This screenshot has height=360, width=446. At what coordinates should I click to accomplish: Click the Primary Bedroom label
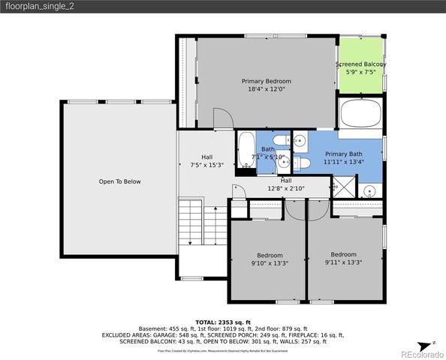266,81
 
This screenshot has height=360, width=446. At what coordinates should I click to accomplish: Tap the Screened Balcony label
360,64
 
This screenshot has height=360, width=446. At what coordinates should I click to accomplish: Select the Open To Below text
119,181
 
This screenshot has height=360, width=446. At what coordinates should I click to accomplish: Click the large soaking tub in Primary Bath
360,115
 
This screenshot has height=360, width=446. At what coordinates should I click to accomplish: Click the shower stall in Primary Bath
343,187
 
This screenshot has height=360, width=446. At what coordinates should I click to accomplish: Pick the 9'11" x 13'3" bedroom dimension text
343,262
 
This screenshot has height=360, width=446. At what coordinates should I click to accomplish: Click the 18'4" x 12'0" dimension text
266,89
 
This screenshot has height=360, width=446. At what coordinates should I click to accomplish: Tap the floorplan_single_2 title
40,7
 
